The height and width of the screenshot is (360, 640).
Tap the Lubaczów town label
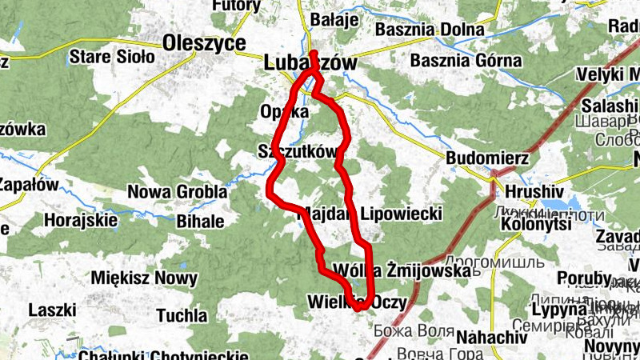point(310,62)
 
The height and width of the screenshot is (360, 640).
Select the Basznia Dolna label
point(430,30)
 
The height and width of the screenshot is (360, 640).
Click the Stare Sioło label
point(106,57)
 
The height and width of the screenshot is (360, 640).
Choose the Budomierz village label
point(487,158)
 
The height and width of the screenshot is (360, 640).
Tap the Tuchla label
point(182,315)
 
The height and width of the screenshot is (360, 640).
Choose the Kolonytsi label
point(536,225)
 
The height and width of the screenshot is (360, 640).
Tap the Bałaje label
point(334,20)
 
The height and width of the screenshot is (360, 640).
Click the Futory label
point(236,6)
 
